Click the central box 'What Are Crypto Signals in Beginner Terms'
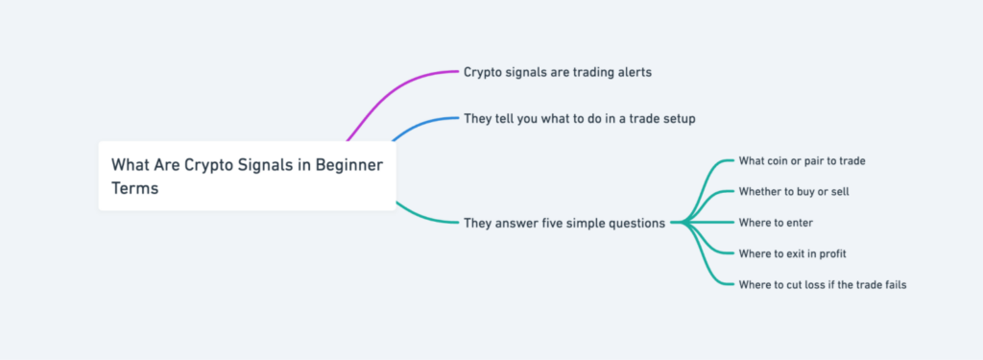[247, 176]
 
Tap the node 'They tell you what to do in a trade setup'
[579, 118]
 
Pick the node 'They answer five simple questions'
[563, 223]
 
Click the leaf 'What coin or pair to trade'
[802, 160]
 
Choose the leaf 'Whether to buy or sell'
[793, 191]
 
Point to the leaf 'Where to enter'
[776, 223]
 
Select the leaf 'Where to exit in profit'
[792, 253]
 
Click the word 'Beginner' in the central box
[349, 165]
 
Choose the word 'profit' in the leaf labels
[829, 253]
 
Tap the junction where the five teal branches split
[683, 223]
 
